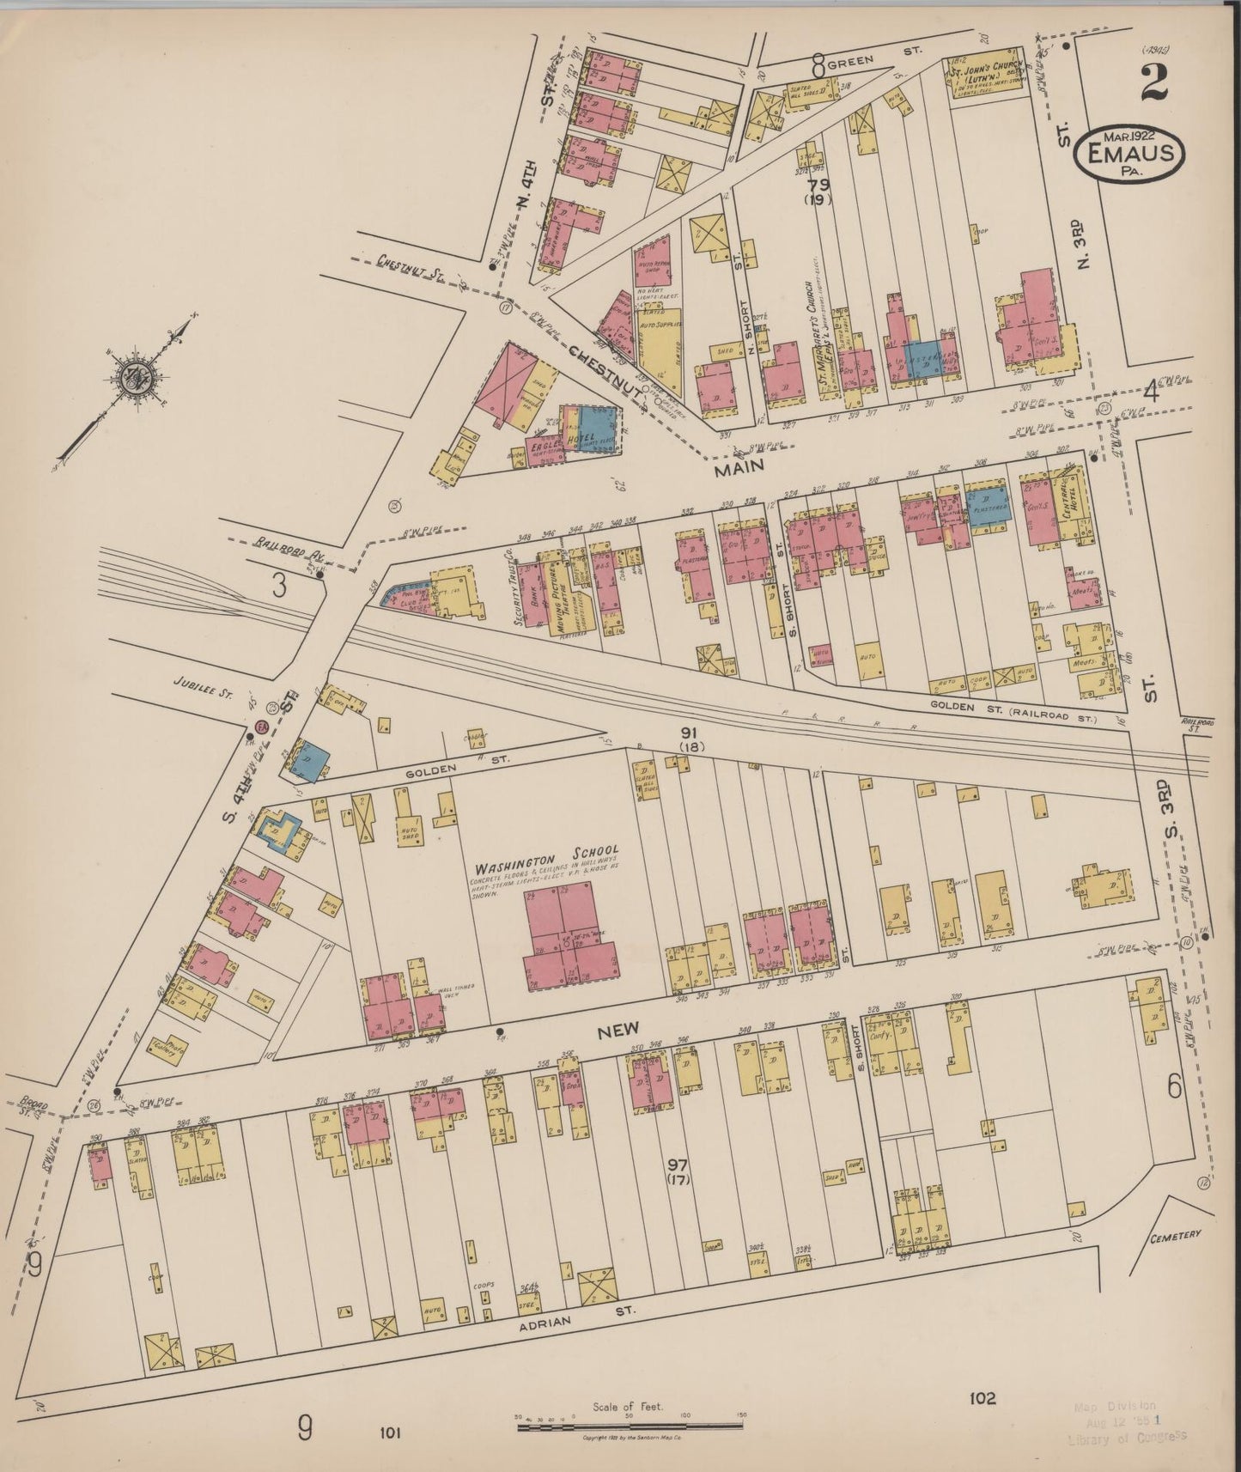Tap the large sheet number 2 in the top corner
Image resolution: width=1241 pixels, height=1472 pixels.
click(1155, 83)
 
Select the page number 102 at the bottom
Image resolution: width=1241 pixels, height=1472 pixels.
click(983, 1399)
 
